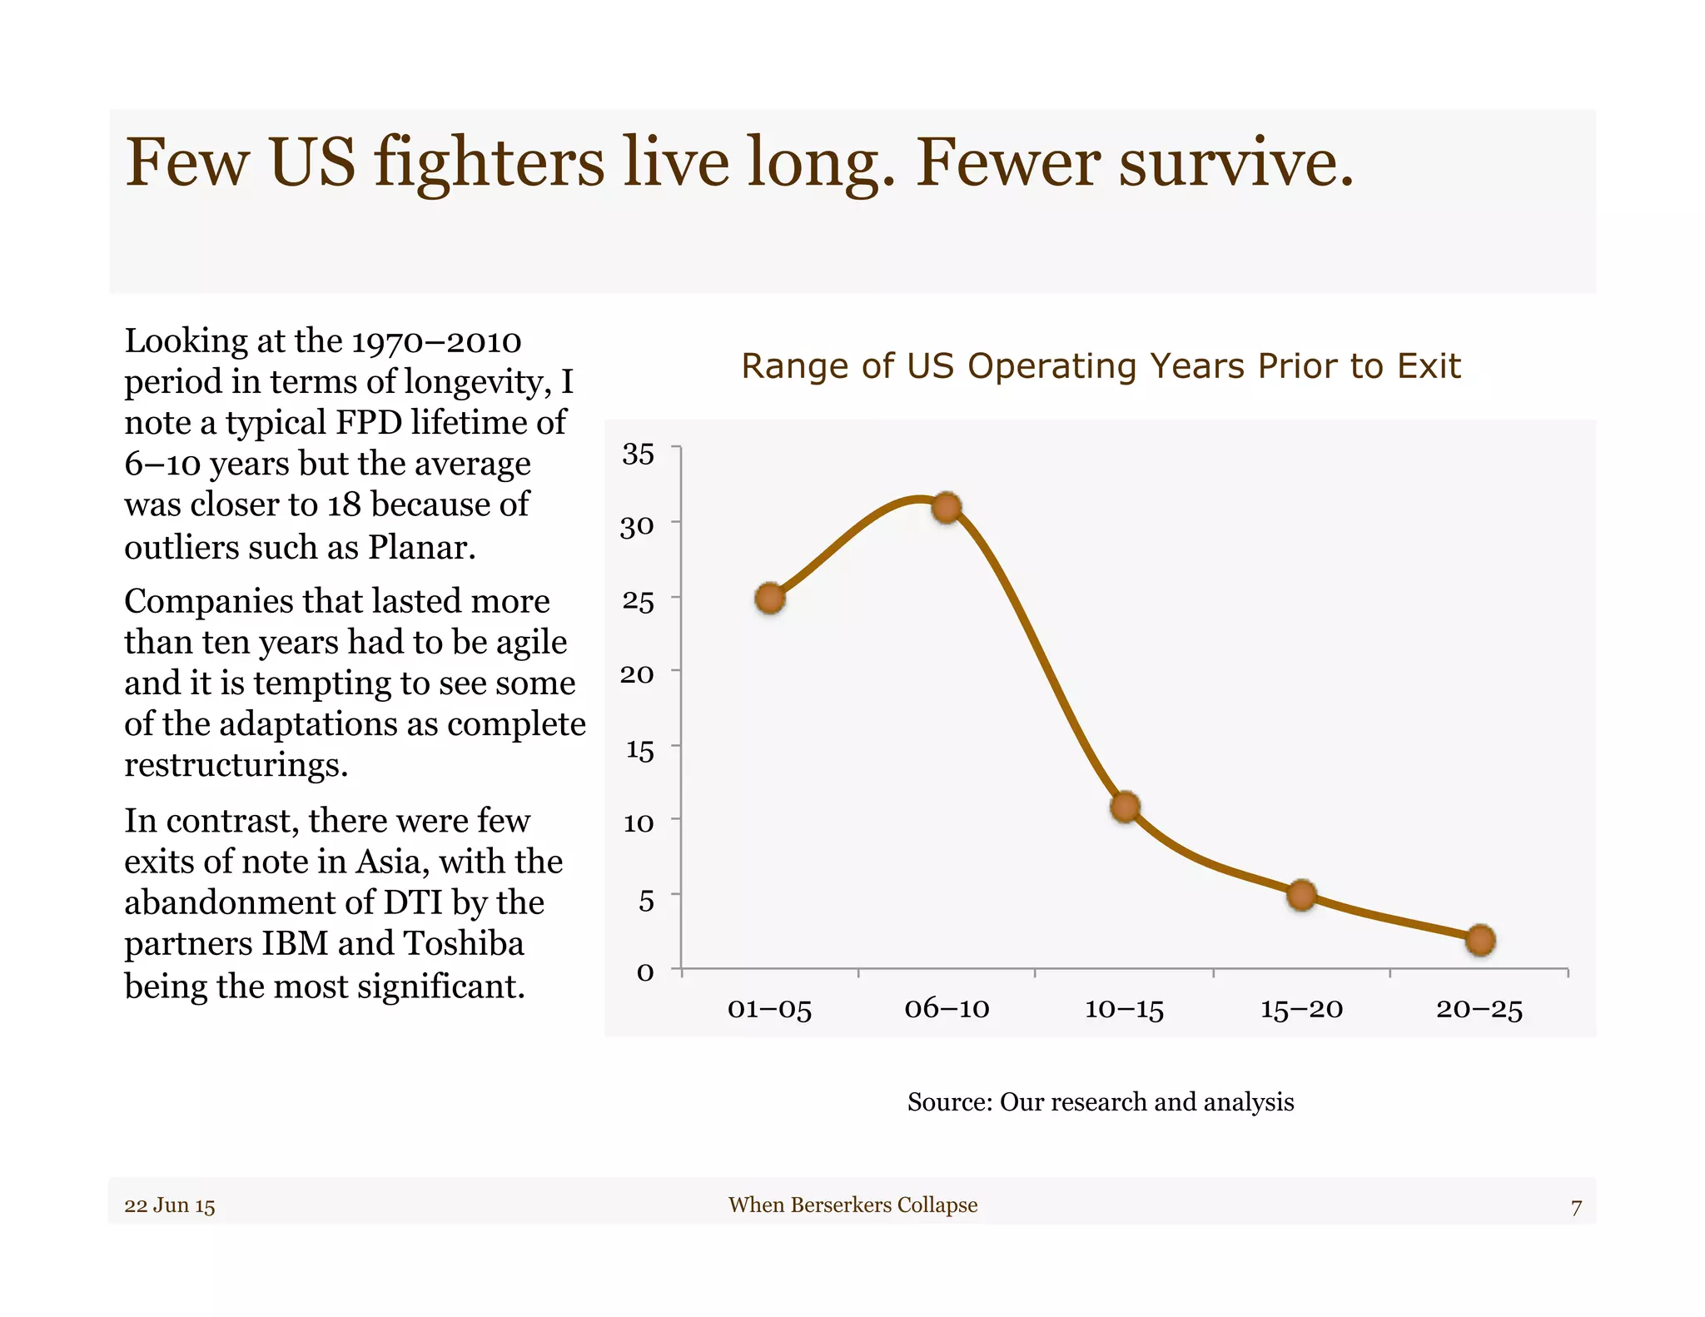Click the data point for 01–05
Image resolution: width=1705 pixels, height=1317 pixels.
coord(770,598)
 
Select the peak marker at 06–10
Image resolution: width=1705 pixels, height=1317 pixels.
coord(947,507)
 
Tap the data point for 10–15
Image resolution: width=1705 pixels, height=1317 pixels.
coord(1125,806)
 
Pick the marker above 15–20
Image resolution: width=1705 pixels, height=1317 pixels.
coord(1301,895)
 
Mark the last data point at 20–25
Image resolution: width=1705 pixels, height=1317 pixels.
coord(1480,940)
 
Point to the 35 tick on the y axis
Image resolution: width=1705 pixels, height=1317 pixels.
coord(639,454)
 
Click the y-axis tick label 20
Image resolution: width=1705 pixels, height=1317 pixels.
coord(637,673)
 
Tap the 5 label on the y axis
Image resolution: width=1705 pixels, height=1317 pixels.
coord(646,900)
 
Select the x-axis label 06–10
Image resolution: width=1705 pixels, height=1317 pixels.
coord(947,1009)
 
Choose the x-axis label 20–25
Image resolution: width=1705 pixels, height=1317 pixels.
coord(1479,1009)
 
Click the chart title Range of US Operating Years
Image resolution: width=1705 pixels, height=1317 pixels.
coord(1101,366)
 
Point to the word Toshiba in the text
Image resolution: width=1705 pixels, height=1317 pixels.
coord(464,943)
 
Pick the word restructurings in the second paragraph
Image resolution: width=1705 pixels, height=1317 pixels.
coord(236,764)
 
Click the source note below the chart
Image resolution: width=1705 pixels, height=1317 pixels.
coord(1101,1101)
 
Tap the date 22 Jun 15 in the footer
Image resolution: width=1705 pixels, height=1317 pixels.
coord(170,1205)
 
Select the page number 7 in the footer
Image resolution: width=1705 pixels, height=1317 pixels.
coord(1575,1206)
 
